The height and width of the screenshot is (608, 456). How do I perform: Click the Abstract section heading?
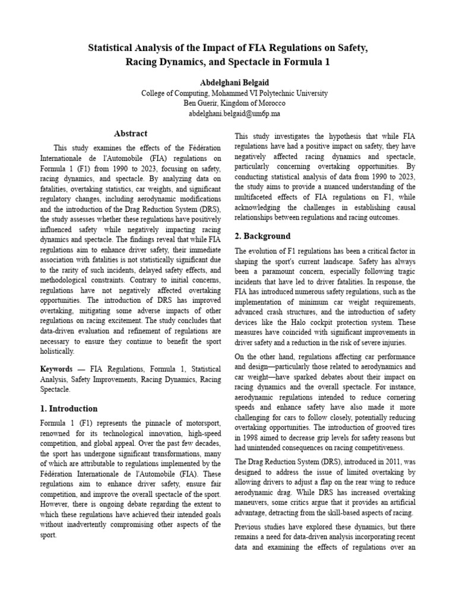coord(130,134)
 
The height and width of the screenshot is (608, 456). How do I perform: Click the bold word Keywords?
coord(56,368)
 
